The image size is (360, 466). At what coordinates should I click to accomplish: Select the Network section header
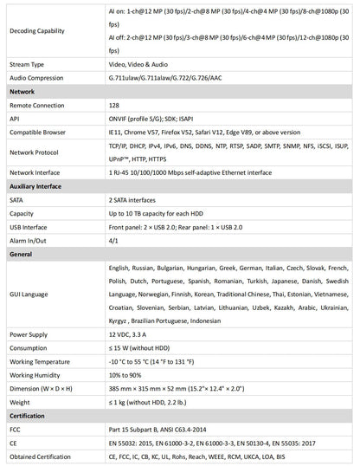pyautogui.click(x=23, y=90)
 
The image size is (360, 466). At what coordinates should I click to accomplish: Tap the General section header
pyautogui.click(x=22, y=255)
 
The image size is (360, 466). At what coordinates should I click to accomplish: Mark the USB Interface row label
pyautogui.click(x=32, y=227)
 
